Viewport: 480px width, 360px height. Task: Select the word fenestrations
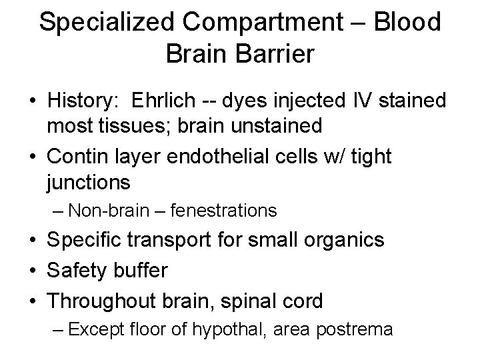[x=223, y=211]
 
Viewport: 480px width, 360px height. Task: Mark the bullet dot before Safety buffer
[x=33, y=271]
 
